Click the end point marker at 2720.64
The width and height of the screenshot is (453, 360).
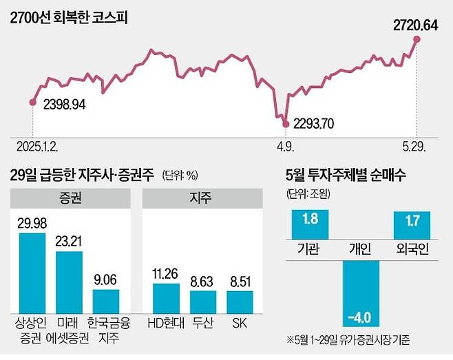tap(417, 39)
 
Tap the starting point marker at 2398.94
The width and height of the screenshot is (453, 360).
tap(32, 103)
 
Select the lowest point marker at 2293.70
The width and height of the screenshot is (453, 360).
tap(286, 123)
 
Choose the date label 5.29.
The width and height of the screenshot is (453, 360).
tap(414, 147)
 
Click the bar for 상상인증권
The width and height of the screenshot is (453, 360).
tap(32, 272)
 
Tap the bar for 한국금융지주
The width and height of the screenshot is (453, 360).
tap(105, 299)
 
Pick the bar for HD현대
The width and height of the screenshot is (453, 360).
tap(166, 296)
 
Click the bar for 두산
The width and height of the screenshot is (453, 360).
tap(203, 299)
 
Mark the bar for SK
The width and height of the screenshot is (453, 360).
tap(240, 299)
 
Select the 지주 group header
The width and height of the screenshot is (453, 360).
tap(202, 199)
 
